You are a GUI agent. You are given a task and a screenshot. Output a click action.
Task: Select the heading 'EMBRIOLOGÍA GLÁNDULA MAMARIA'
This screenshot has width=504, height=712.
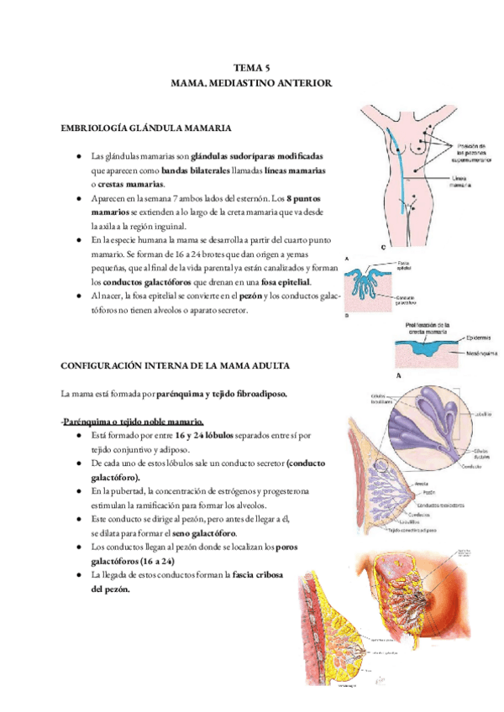coord(148,128)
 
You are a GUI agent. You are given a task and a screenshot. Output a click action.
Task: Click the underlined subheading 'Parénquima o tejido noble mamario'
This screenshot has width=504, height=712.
coord(134,421)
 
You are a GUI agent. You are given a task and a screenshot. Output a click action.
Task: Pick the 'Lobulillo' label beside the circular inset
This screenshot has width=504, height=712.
coord(481,413)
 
